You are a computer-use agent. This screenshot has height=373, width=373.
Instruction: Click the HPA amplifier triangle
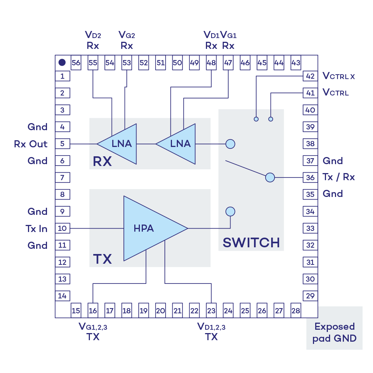(149, 228)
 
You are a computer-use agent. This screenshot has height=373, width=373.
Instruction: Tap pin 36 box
(310, 178)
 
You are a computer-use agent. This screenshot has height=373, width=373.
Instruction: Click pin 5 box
(62, 144)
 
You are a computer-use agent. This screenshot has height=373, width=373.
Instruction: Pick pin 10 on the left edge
(62, 228)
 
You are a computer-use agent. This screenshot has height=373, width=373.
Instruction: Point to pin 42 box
(310, 76)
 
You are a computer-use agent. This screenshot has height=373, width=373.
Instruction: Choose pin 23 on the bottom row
(211, 310)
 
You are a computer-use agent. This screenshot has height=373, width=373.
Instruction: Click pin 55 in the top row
(93, 63)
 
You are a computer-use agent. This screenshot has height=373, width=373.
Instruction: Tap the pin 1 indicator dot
(62, 63)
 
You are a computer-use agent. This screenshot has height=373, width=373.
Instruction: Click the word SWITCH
(251, 243)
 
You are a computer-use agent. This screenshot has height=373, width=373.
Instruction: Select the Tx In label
(37, 228)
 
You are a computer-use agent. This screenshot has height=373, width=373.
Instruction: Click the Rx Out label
(31, 144)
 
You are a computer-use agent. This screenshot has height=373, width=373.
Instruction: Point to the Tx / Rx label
(339, 177)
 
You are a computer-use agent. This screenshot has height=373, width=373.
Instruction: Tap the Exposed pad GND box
(335, 332)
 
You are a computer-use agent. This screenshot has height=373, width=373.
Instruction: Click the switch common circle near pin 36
(270, 178)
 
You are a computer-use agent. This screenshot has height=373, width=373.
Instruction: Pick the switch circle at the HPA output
(231, 211)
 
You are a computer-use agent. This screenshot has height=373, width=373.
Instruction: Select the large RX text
(102, 162)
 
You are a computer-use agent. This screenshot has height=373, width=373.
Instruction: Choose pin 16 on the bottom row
(93, 310)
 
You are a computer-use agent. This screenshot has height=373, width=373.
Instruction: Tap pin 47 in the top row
(228, 63)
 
